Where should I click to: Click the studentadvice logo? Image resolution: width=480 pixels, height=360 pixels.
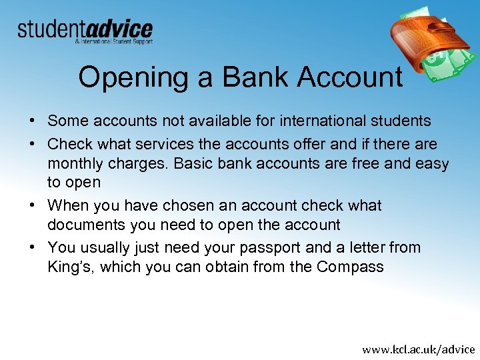click(85, 31)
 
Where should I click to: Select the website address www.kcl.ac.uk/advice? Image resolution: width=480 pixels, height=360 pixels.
click(419, 349)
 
